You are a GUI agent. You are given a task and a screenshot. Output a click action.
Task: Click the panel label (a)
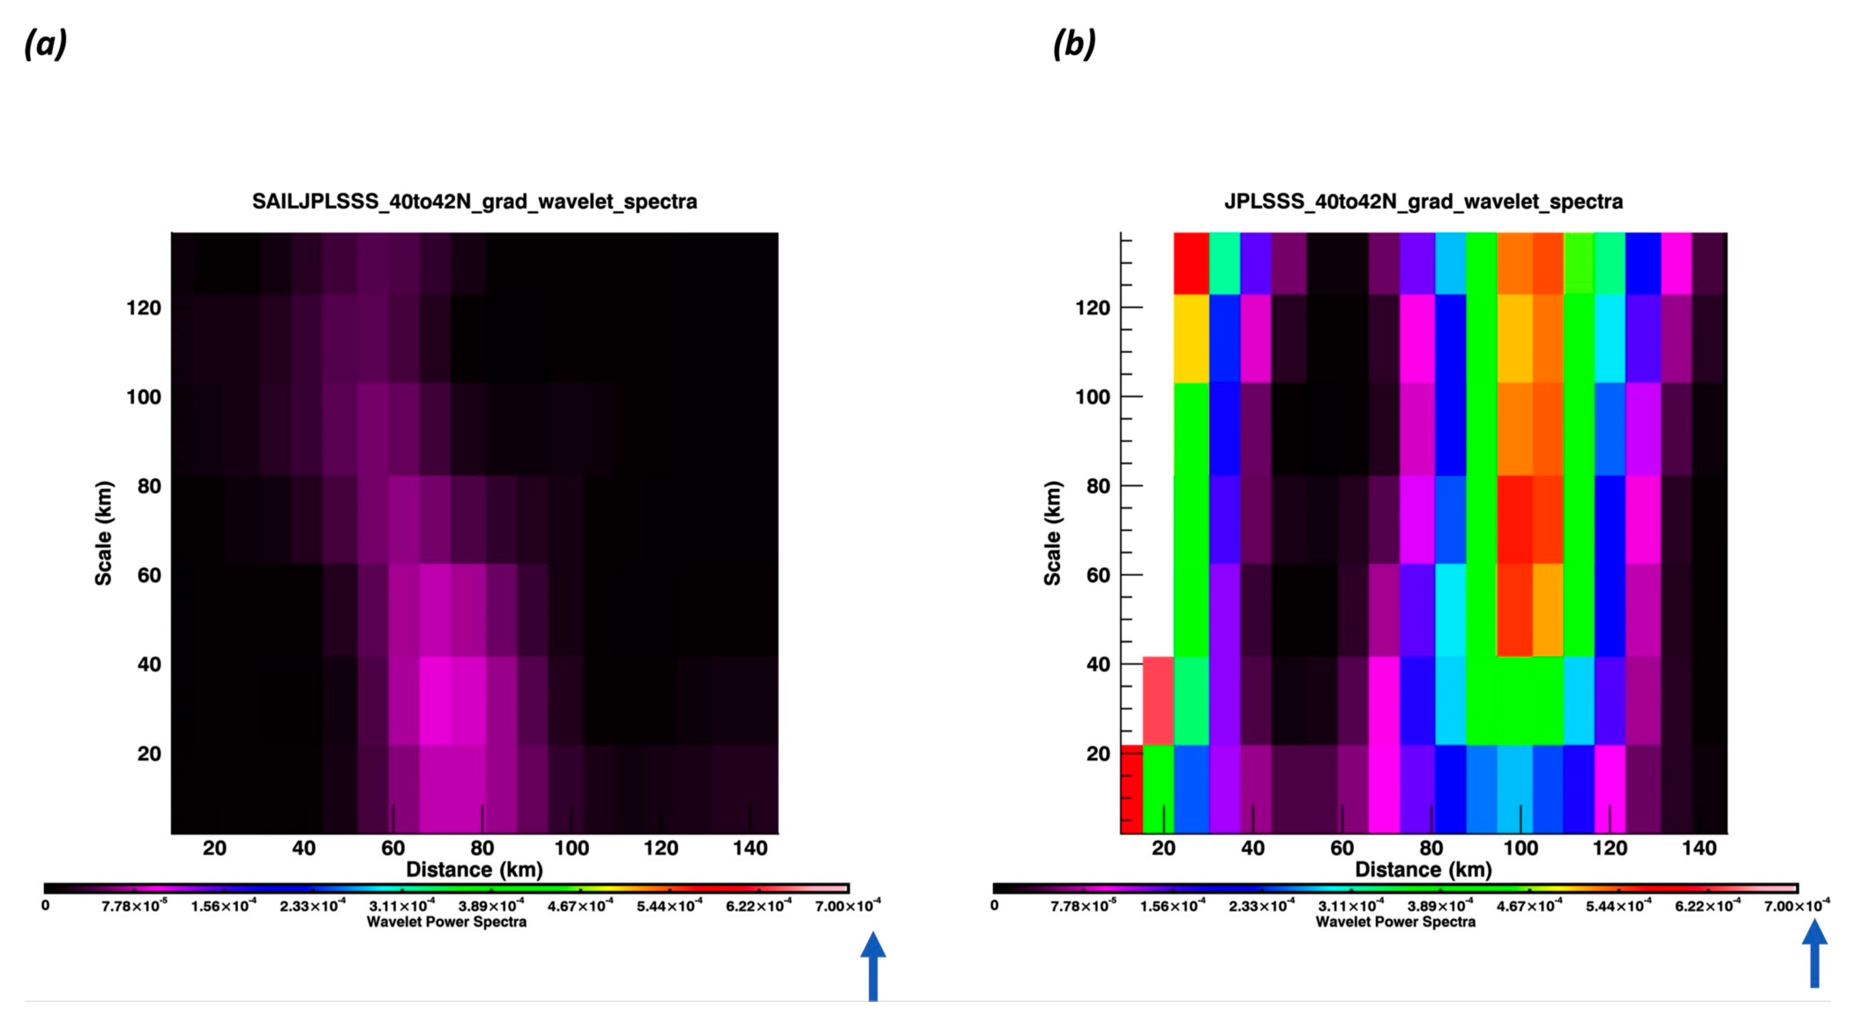pyautogui.click(x=45, y=45)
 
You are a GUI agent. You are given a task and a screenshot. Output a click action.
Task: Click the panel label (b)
pyautogui.click(x=1074, y=45)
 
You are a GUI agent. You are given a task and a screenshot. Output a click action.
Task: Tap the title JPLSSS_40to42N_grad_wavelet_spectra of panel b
pyautogui.click(x=1423, y=201)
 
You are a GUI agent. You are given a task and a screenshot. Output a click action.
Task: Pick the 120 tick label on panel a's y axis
pyautogui.click(x=144, y=308)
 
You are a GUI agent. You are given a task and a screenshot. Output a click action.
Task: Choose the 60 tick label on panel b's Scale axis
pyautogui.click(x=1098, y=575)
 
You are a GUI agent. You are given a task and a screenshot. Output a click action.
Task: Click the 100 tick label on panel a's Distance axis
pyautogui.click(x=571, y=848)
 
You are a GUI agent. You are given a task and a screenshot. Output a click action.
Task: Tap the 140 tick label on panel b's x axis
pyautogui.click(x=1699, y=848)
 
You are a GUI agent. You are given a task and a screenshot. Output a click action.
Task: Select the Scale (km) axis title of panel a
pyautogui.click(x=104, y=532)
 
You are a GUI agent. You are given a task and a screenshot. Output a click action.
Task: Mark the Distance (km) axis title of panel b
pyautogui.click(x=1423, y=870)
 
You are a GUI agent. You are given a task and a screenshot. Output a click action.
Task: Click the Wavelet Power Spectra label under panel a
pyautogui.click(x=446, y=922)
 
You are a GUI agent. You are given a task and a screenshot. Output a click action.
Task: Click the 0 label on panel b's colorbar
pyautogui.click(x=995, y=905)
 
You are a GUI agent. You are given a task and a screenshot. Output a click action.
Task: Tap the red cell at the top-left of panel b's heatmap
pyautogui.click(x=1191, y=263)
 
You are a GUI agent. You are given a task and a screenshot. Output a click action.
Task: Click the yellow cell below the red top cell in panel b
pyautogui.click(x=1191, y=338)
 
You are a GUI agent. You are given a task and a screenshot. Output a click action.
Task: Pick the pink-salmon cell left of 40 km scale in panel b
pyautogui.click(x=1158, y=701)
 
